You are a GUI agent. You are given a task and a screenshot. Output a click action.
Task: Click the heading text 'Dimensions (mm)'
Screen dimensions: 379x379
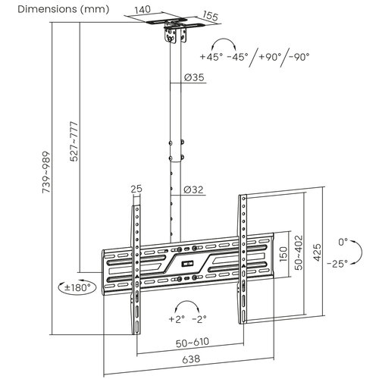64,9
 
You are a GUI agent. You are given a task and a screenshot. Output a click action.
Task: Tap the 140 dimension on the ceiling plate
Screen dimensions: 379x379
143,10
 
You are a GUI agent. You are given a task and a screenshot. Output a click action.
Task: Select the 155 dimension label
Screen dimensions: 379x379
210,16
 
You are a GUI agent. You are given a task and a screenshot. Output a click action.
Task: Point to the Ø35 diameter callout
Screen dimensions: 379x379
194,77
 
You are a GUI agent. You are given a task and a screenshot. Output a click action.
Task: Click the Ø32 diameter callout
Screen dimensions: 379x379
193,189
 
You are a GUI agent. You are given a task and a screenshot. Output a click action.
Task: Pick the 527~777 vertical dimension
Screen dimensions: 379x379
74,141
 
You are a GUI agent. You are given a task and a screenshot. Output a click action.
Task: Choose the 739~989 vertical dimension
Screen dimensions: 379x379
46,172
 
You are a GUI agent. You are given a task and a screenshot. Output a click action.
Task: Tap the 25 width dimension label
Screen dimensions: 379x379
136,189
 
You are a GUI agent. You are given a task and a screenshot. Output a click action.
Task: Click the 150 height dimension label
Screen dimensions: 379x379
283,254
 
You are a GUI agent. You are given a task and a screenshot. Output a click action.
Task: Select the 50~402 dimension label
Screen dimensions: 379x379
299,252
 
